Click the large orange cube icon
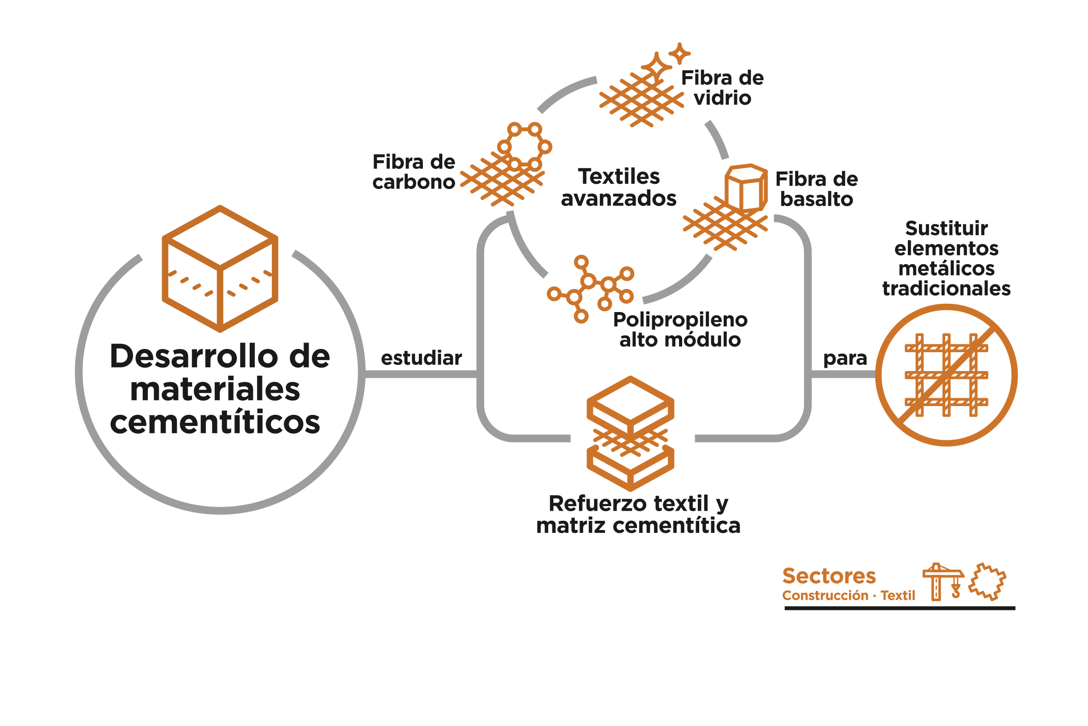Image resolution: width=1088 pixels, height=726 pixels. coord(220,269)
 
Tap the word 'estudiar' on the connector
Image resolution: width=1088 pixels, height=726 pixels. coord(421,358)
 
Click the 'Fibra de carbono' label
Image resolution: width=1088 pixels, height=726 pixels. coord(414,172)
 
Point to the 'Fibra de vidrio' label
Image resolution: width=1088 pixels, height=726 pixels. coord(723,88)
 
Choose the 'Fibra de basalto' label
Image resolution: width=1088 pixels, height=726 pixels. coord(817,189)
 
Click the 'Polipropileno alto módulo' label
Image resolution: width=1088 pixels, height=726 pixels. coord(680,330)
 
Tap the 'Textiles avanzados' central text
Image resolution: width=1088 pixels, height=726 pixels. coord(619,188)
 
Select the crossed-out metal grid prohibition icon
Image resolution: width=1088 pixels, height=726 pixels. coord(947,375)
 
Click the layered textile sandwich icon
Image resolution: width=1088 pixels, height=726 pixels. coord(631,433)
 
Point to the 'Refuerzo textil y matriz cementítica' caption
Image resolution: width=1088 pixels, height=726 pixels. coord(638,514)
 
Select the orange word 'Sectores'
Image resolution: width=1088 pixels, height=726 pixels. coord(829,576)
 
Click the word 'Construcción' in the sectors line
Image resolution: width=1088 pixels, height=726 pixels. coord(825,596)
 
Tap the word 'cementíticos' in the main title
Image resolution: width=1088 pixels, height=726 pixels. coord(215,422)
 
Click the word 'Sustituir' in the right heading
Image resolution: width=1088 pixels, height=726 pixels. coord(947,228)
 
